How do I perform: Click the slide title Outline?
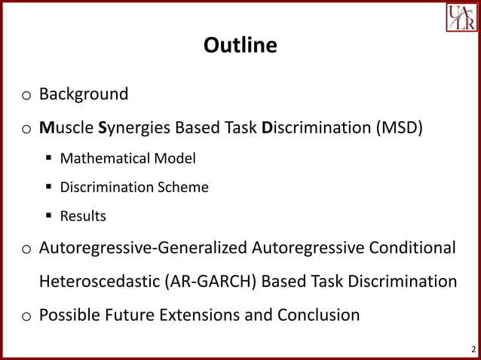(x=240, y=46)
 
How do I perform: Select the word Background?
(x=84, y=94)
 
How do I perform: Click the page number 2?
(x=473, y=349)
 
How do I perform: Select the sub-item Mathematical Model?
(x=127, y=158)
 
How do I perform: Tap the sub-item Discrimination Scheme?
(x=134, y=187)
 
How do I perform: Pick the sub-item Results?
(x=83, y=216)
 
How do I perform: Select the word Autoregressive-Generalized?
(x=143, y=248)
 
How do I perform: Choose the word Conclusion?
(x=315, y=314)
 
